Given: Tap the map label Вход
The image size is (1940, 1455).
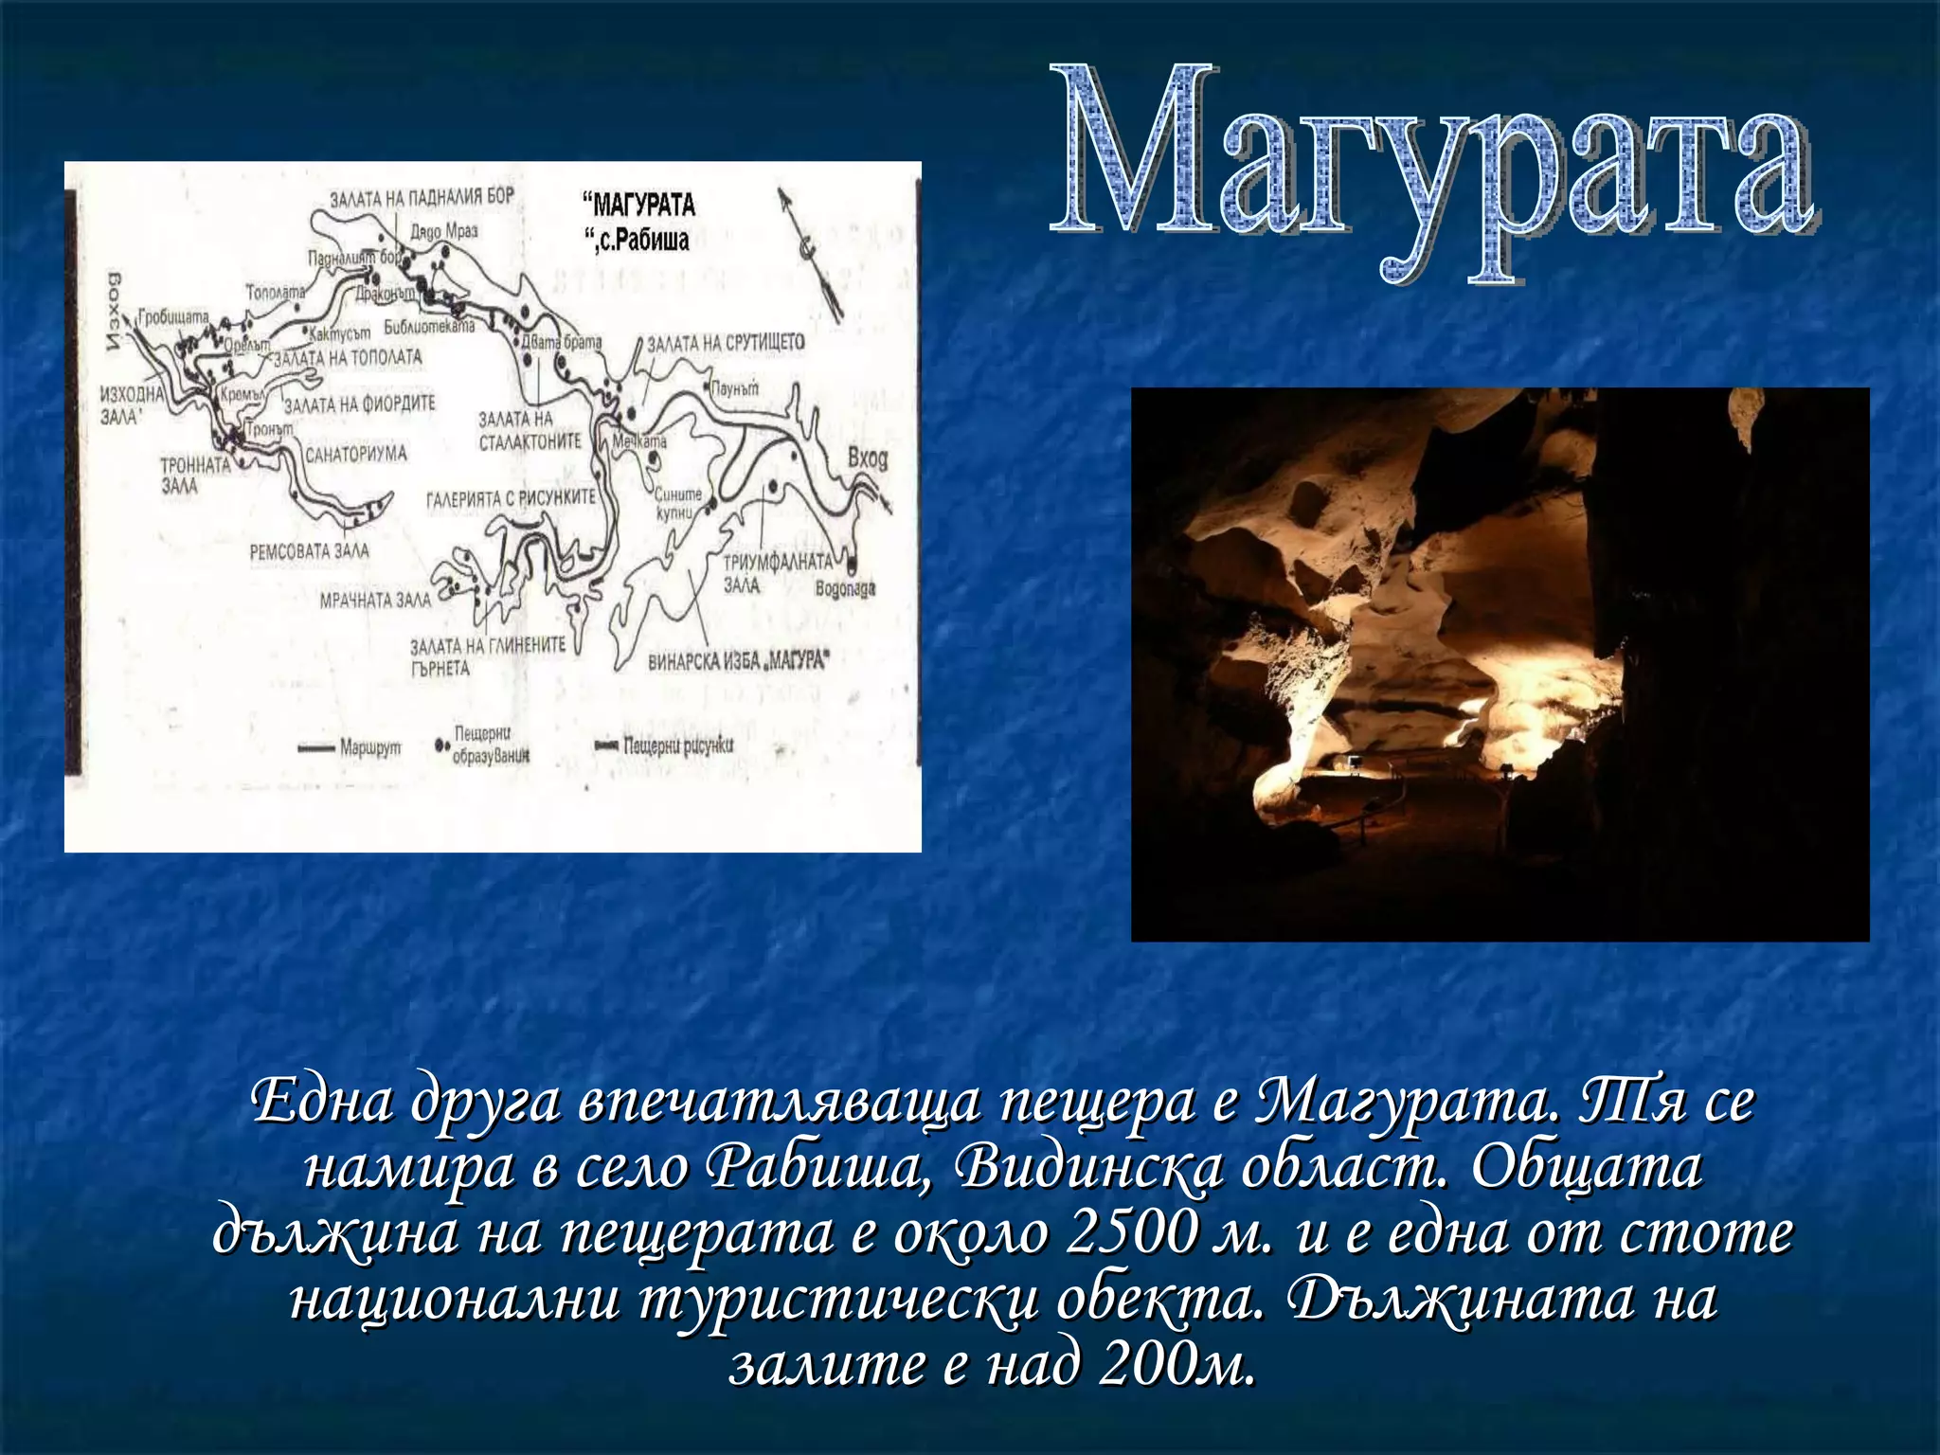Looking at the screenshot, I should [x=868, y=459].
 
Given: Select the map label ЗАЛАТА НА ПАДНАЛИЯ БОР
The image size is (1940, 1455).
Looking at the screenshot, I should [x=422, y=198].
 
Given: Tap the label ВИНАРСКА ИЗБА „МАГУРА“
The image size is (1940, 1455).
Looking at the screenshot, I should [x=737, y=660].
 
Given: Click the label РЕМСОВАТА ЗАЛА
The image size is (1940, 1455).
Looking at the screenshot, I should [x=310, y=550].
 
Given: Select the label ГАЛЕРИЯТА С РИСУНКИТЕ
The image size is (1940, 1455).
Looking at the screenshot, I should [x=511, y=497].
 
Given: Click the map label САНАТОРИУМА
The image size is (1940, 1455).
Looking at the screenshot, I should [x=355, y=454].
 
